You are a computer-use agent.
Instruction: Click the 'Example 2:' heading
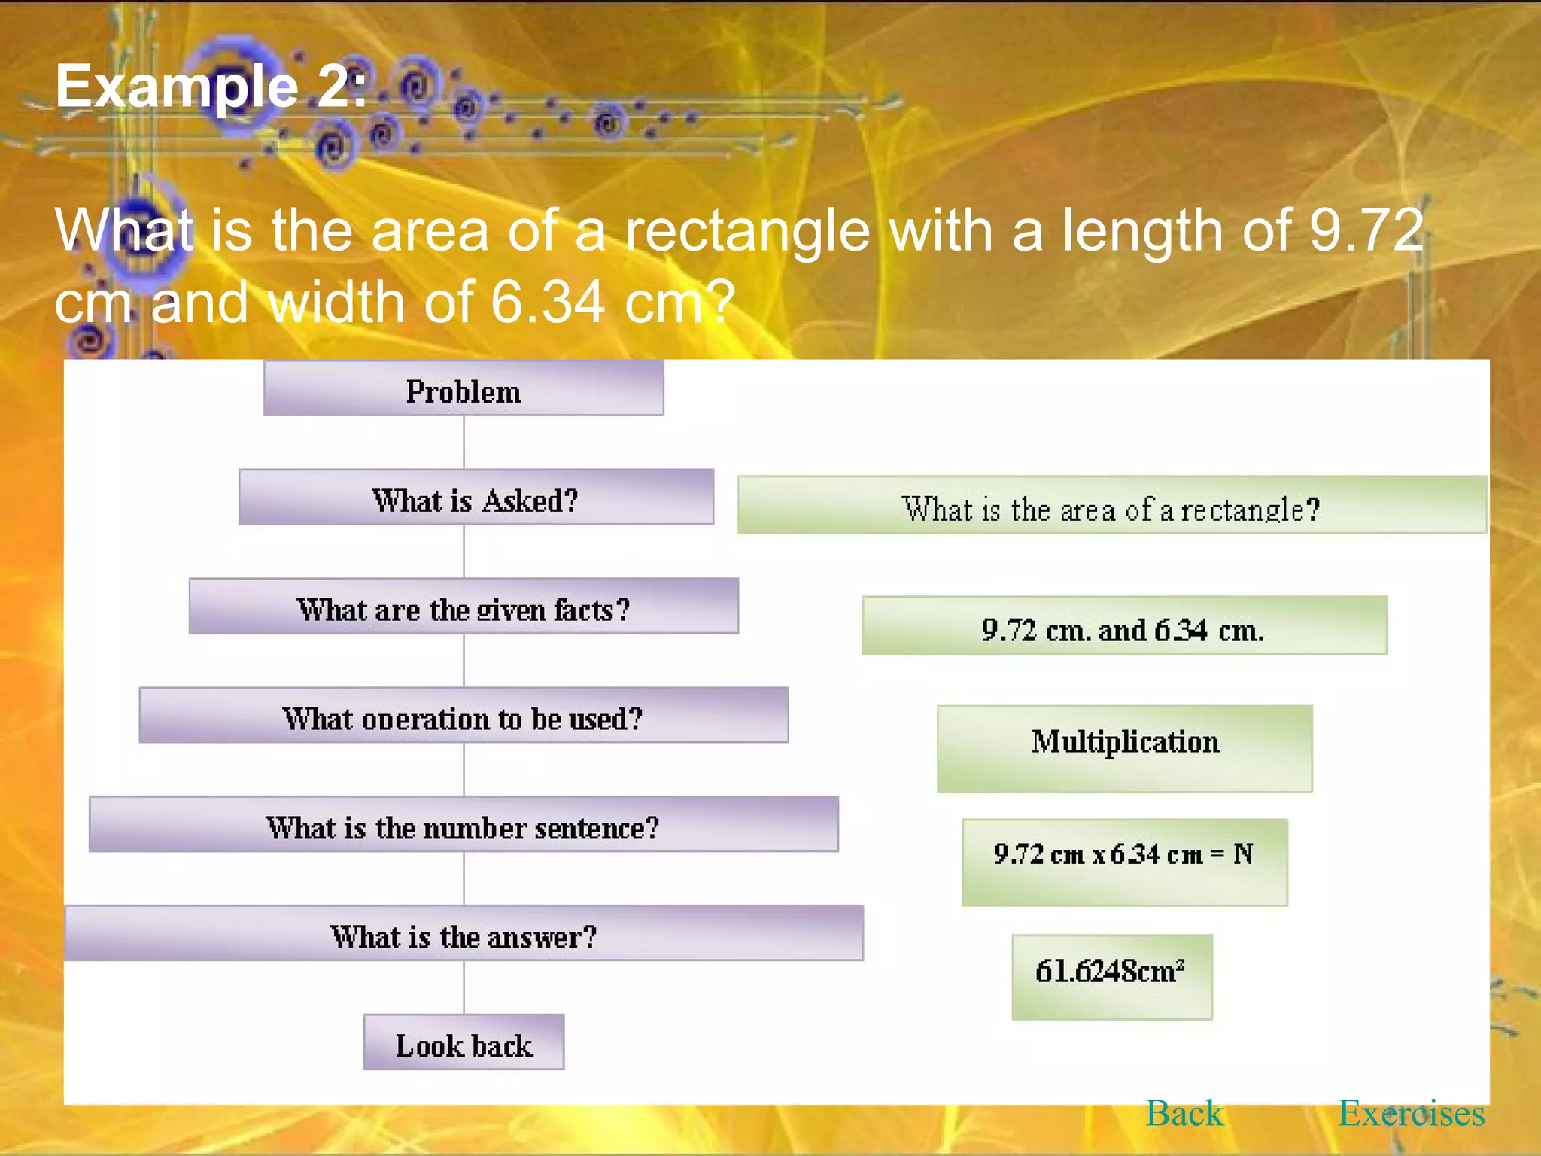pyautogui.click(x=211, y=87)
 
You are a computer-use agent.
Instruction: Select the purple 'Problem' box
pyautogui.click(x=464, y=389)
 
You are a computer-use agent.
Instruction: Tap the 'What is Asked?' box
pyautogui.click(x=476, y=497)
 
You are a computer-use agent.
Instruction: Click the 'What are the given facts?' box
pyautogui.click(x=464, y=607)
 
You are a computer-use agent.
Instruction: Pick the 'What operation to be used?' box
pyautogui.click(x=464, y=716)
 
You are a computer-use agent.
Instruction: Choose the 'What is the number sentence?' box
pyautogui.click(x=464, y=825)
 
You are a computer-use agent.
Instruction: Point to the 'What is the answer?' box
pyautogui.click(x=464, y=934)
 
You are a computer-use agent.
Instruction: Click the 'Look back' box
pyautogui.click(x=464, y=1043)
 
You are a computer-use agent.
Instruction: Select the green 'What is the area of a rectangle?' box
pyautogui.click(x=1111, y=506)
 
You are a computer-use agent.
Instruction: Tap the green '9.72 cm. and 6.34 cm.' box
pyautogui.click(x=1124, y=626)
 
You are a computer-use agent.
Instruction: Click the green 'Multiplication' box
pyautogui.click(x=1125, y=749)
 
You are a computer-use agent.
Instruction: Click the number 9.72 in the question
pyautogui.click(x=1366, y=230)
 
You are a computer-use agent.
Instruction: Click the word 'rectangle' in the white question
pyautogui.click(x=747, y=230)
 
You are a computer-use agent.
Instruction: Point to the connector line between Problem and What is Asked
pyautogui.click(x=464, y=443)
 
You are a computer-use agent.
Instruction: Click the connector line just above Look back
pyautogui.click(x=464, y=987)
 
